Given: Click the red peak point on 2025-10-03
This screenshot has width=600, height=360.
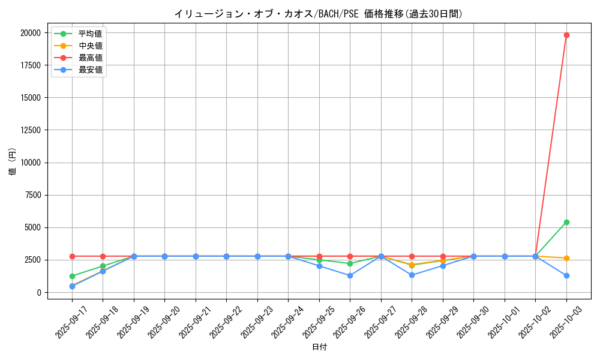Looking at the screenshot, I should tap(566, 35).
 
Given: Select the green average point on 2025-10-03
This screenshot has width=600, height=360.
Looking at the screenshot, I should tap(566, 222).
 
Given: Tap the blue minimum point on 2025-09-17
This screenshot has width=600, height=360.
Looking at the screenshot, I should tap(72, 286).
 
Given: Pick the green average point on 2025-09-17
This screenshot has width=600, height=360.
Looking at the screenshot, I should tap(72, 276).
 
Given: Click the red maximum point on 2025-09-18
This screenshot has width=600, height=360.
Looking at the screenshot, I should tap(103, 256).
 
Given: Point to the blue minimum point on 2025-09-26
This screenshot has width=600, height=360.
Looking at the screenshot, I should tap(350, 275).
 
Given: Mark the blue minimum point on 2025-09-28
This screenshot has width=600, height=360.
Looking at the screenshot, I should tap(412, 275).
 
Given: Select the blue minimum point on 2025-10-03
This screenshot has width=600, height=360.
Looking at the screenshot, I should tap(566, 275).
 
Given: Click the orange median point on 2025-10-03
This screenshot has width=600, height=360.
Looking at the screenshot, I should tap(566, 258).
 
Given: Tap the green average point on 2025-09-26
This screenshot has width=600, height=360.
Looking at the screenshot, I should tap(350, 263).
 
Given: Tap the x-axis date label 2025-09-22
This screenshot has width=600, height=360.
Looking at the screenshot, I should tap(223, 322).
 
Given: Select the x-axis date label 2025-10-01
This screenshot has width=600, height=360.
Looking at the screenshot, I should tap(502, 322).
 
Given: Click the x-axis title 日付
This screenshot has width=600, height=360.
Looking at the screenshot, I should tap(319, 347).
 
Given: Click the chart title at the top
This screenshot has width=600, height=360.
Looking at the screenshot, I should tap(319, 14).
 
